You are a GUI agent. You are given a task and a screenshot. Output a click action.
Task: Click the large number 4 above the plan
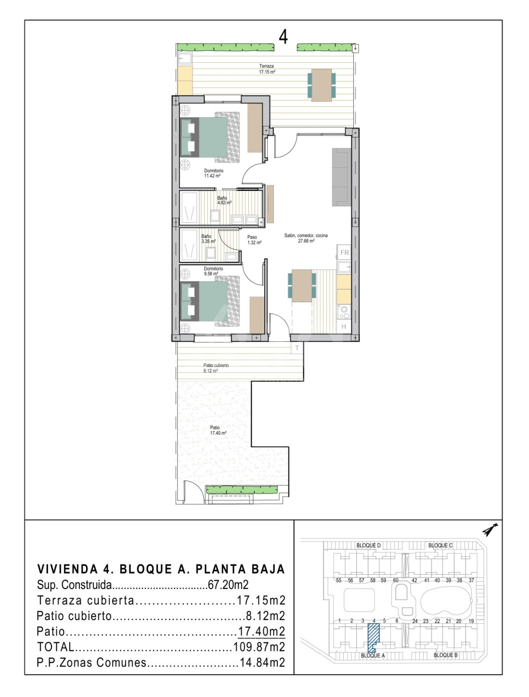(x=283, y=37)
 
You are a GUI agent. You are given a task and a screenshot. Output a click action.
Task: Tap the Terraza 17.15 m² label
(x=267, y=69)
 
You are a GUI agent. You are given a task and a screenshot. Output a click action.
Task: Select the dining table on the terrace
(x=321, y=85)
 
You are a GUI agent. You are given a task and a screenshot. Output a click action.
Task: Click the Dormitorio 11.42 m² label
(x=213, y=173)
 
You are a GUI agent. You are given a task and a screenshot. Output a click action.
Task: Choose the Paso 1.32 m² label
(x=254, y=240)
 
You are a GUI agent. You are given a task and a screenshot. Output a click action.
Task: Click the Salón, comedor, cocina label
(x=305, y=238)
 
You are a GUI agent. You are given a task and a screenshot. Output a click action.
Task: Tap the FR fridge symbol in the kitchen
(x=344, y=253)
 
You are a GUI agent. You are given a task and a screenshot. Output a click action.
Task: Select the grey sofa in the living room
(x=341, y=177)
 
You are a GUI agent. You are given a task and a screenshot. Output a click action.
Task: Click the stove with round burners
(x=344, y=312)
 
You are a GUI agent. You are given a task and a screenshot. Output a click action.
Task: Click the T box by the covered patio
(x=297, y=348)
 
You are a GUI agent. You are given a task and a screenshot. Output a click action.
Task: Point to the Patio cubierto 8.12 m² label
(x=216, y=368)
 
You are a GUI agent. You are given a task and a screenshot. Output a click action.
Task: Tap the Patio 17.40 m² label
(x=218, y=430)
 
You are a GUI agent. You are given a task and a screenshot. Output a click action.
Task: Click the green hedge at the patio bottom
(x=242, y=490)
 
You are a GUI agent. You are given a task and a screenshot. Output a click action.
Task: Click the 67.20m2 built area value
(x=228, y=585)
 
